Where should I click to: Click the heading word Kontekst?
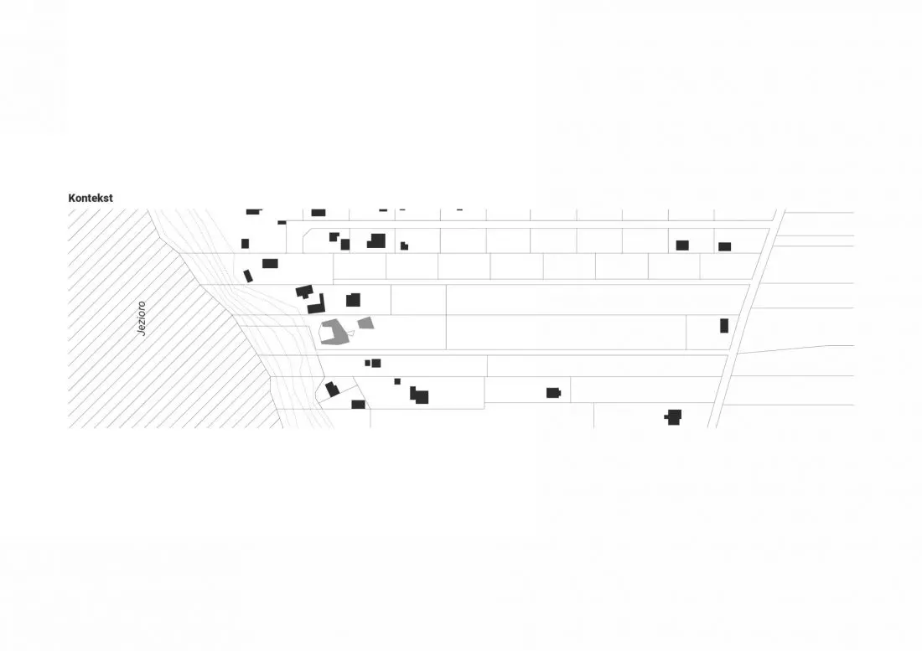tap(91, 198)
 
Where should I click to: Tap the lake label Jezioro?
tap(141, 318)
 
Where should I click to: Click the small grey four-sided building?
tap(366, 323)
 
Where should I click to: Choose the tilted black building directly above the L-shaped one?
tap(304, 291)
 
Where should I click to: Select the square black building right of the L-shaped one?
tap(353, 300)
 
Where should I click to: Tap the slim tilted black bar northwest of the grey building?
tap(248, 276)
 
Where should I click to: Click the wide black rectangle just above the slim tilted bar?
tap(270, 263)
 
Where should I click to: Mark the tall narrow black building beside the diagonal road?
tap(724, 325)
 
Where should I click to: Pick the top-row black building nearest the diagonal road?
tap(724, 247)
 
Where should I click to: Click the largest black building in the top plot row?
tap(377, 241)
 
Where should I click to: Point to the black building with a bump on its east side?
tap(553, 393)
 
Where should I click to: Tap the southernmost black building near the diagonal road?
tap(674, 417)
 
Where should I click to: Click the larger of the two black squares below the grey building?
tap(376, 363)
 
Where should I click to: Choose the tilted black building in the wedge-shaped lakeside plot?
tap(332, 389)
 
